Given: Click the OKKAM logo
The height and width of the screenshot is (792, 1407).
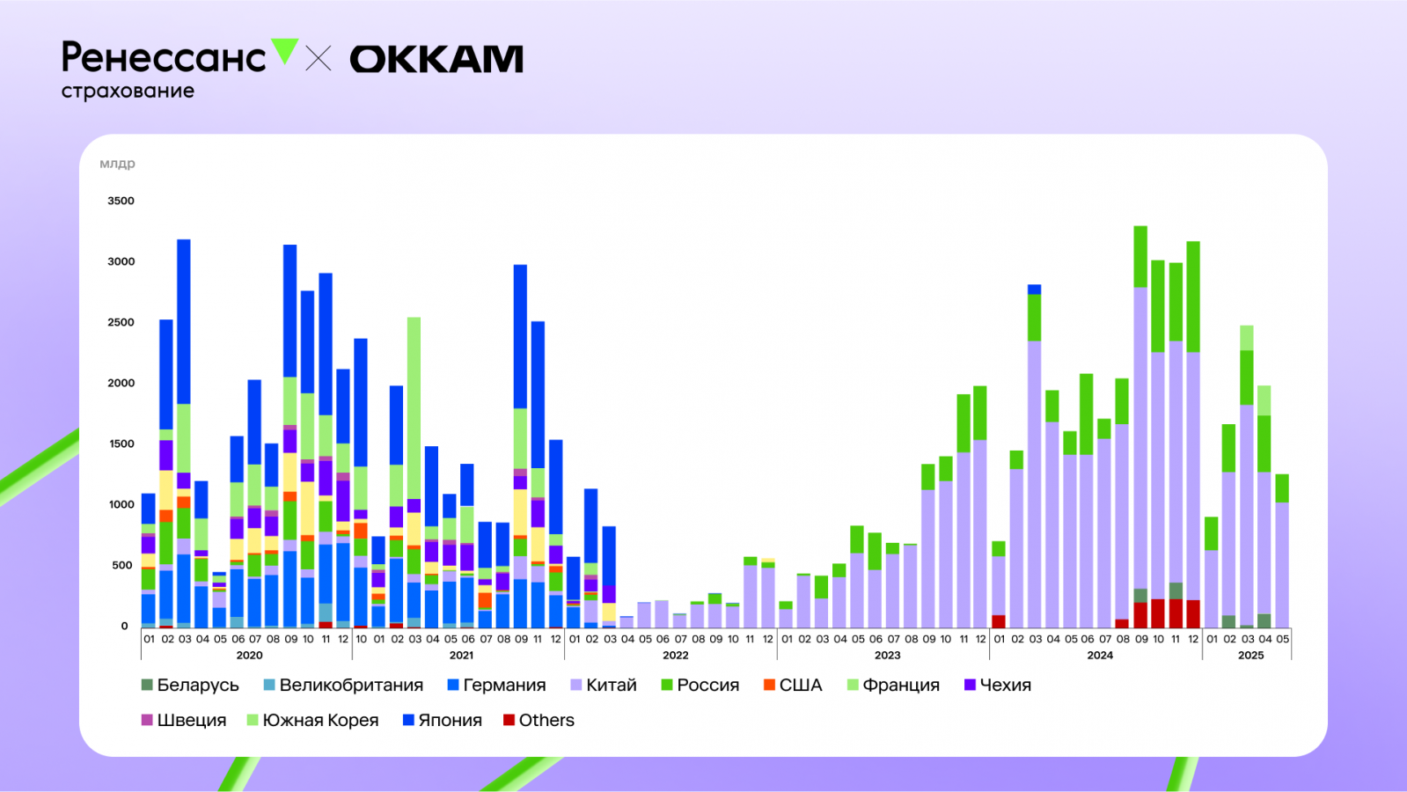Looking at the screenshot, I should point(436,59).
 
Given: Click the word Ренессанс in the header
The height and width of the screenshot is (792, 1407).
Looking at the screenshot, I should point(164,58).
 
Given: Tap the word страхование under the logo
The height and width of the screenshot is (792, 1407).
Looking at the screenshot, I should point(128,91).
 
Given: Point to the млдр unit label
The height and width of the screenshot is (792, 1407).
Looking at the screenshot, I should point(117,164).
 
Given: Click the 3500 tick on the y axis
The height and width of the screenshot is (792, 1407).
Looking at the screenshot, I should point(121,201).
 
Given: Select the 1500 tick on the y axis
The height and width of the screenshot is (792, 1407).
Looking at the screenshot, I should point(121,444).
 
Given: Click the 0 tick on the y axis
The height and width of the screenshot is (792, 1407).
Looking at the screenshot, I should point(125,626).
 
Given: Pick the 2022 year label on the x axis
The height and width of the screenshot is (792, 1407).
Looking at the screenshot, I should point(675,655).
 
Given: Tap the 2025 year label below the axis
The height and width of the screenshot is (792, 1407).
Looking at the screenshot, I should point(1250,655).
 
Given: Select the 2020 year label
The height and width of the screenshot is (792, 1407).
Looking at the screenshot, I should point(249,655).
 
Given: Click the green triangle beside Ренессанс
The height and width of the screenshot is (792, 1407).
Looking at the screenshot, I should point(284,51).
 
